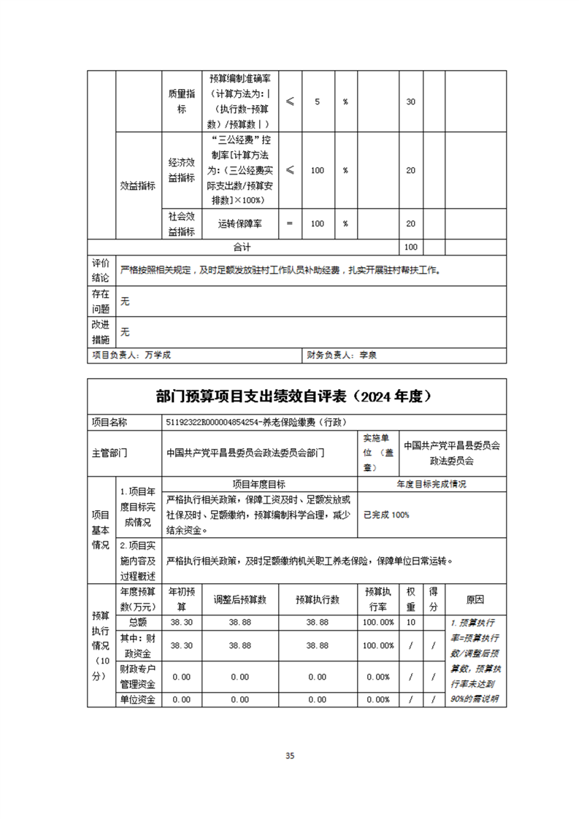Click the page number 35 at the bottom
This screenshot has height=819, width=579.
coord(290,755)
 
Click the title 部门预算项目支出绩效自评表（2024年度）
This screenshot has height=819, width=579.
coord(296,396)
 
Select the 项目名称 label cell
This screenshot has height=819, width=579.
coord(109,422)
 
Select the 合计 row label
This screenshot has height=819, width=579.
coord(242,247)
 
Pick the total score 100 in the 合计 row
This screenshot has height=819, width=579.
coord(410,247)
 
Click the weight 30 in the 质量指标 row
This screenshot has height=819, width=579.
coord(410,101)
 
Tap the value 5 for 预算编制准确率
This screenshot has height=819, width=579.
coord(317,101)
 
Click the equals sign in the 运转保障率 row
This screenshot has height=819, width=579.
coord(290,223)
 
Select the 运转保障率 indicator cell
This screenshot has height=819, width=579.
coord(240,223)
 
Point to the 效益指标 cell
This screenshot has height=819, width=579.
coord(137,185)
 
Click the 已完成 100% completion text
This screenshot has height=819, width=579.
coord(386,515)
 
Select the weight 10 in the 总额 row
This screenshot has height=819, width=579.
coord(410,622)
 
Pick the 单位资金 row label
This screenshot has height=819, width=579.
coord(137,699)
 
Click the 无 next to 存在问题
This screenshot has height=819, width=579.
coord(125,301)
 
